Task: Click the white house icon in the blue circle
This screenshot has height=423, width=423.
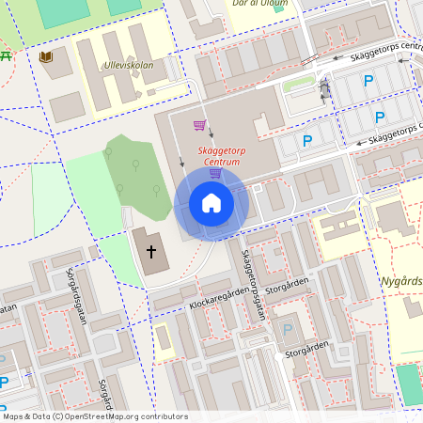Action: coord(211,202)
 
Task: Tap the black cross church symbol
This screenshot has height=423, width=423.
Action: coord(151,252)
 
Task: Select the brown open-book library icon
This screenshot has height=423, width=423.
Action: coord(46,57)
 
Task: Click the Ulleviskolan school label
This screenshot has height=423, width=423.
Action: coord(129,67)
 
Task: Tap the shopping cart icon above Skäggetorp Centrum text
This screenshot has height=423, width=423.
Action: coord(199,125)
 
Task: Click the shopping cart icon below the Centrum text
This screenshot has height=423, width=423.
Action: coord(216,172)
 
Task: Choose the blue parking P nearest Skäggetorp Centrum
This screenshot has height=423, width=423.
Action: coord(306,142)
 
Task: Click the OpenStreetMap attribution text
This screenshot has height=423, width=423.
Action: coord(94,416)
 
